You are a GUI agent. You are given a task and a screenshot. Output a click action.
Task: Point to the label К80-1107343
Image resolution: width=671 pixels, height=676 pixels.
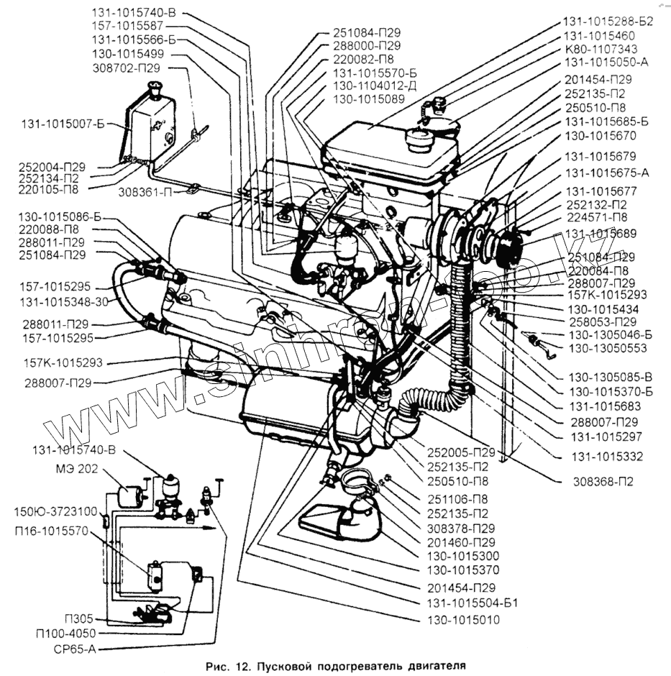tap(601, 48)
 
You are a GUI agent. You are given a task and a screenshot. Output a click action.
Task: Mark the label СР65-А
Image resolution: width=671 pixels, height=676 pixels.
tap(76, 648)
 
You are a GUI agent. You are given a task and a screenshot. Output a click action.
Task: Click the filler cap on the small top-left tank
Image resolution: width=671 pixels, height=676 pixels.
tap(152, 88)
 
